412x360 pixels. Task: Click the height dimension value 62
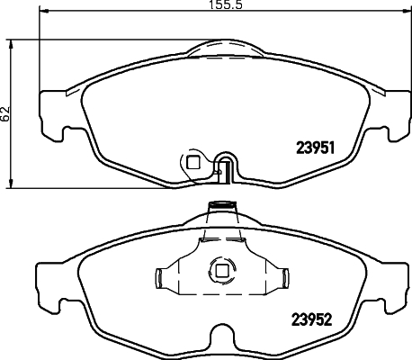click(6, 113)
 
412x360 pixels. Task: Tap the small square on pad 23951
click(192, 162)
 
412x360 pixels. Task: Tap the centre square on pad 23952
click(219, 269)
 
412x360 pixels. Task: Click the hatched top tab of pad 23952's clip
click(220, 209)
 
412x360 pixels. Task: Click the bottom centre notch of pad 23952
click(220, 339)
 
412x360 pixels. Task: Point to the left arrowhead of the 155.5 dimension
click(45, 13)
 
